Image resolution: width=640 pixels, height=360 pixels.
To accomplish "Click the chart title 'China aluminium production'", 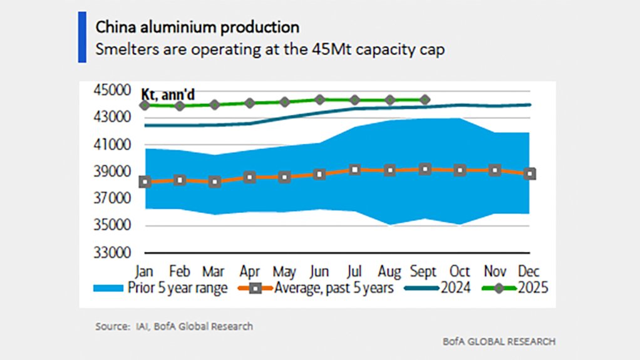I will click(x=197, y=27).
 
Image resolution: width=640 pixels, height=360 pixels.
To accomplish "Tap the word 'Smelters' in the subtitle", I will click(x=122, y=50).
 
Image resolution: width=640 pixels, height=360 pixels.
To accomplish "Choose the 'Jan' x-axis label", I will click(x=145, y=272).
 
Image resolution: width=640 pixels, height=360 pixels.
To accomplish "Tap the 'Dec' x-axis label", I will click(x=530, y=272).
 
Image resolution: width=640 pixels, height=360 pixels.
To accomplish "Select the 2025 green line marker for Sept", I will click(x=425, y=100).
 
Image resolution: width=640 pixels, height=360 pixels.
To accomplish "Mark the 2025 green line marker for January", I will click(x=145, y=105).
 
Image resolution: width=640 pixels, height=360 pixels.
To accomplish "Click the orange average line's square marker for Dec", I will click(x=530, y=174).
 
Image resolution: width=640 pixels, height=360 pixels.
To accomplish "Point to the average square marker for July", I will click(x=354, y=170).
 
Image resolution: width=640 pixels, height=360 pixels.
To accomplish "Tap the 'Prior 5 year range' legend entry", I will click(x=161, y=289).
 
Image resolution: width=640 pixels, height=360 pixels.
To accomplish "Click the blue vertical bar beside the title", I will click(x=82, y=37).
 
